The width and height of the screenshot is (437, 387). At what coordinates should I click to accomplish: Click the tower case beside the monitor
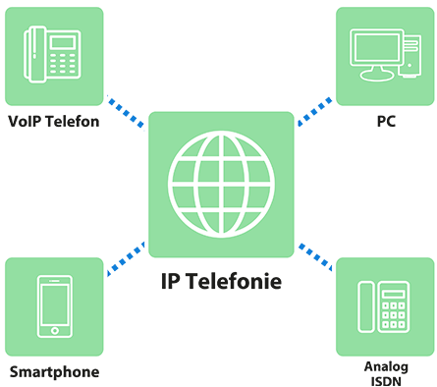(408, 57)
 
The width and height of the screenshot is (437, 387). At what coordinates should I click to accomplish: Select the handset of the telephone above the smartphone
(32, 54)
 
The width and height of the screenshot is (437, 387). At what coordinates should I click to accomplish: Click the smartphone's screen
(54, 304)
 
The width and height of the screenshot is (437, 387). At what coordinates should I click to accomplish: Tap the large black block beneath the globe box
(218, 324)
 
